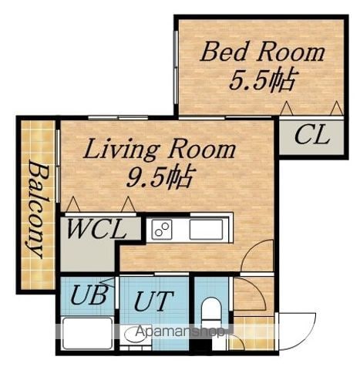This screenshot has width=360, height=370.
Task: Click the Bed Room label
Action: coord(262,53)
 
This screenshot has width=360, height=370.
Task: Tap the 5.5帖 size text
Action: coord(261,81)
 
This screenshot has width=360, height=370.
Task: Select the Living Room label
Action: coord(160,150)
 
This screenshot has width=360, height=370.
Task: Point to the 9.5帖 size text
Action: coord(160,177)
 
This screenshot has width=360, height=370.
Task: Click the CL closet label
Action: coord(312,135)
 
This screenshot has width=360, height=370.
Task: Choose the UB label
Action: coord(89,295)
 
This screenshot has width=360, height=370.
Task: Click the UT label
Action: coord(153,301)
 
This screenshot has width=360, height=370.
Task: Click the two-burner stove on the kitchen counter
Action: coord(162,229)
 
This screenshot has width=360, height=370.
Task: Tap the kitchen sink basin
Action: coord(206,229)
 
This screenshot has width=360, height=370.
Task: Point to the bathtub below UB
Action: coord(88,333)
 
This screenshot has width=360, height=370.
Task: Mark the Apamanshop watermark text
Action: coord(179,332)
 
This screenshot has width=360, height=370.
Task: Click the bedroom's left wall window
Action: coord(176,67)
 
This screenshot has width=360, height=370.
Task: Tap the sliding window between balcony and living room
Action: coord(58,166)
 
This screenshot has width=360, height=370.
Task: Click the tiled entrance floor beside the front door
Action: coord(254,333)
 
